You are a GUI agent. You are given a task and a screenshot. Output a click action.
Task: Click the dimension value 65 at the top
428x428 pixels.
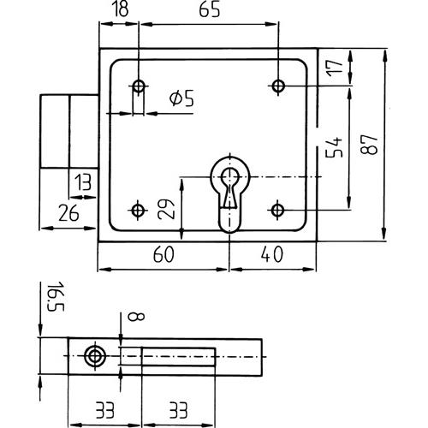tap(210, 9)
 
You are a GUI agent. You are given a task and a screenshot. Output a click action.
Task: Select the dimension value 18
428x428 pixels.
tap(122, 9)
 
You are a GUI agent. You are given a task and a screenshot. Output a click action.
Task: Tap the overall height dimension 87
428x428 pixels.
tap(369, 145)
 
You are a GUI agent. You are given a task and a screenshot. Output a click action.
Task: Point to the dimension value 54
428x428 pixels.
tap(334, 147)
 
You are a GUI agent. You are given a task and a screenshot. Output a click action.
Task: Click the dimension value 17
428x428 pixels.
tap(335, 68)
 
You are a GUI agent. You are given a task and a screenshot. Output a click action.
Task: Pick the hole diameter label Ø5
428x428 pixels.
tap(181, 98)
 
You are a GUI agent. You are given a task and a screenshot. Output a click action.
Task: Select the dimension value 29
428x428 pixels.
tap(166, 209)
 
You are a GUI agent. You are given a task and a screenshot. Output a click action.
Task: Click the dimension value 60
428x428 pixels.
tap(163, 254)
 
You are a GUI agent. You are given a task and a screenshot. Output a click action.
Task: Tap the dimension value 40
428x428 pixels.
tap(272, 254)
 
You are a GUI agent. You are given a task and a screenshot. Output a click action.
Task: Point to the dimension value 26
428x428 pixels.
tap(68, 213)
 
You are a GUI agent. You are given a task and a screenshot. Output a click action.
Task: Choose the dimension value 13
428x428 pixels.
tap(83, 182)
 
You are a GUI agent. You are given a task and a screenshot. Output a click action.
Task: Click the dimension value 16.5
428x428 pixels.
tap(56, 296)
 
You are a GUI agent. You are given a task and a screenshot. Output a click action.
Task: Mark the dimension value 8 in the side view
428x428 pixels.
tap(136, 317)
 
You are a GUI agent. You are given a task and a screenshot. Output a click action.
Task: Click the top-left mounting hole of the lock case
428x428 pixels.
tap(139, 86)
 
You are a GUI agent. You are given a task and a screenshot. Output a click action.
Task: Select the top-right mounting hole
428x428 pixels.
tap(278, 86)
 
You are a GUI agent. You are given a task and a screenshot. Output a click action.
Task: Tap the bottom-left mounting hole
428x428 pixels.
tap(138, 211)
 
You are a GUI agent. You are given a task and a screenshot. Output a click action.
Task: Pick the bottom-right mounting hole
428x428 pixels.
tap(277, 211)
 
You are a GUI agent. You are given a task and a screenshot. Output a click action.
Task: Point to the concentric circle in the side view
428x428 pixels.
tap(95, 356)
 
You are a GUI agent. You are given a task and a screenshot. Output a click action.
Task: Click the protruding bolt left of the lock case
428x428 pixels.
tap(69, 131)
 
